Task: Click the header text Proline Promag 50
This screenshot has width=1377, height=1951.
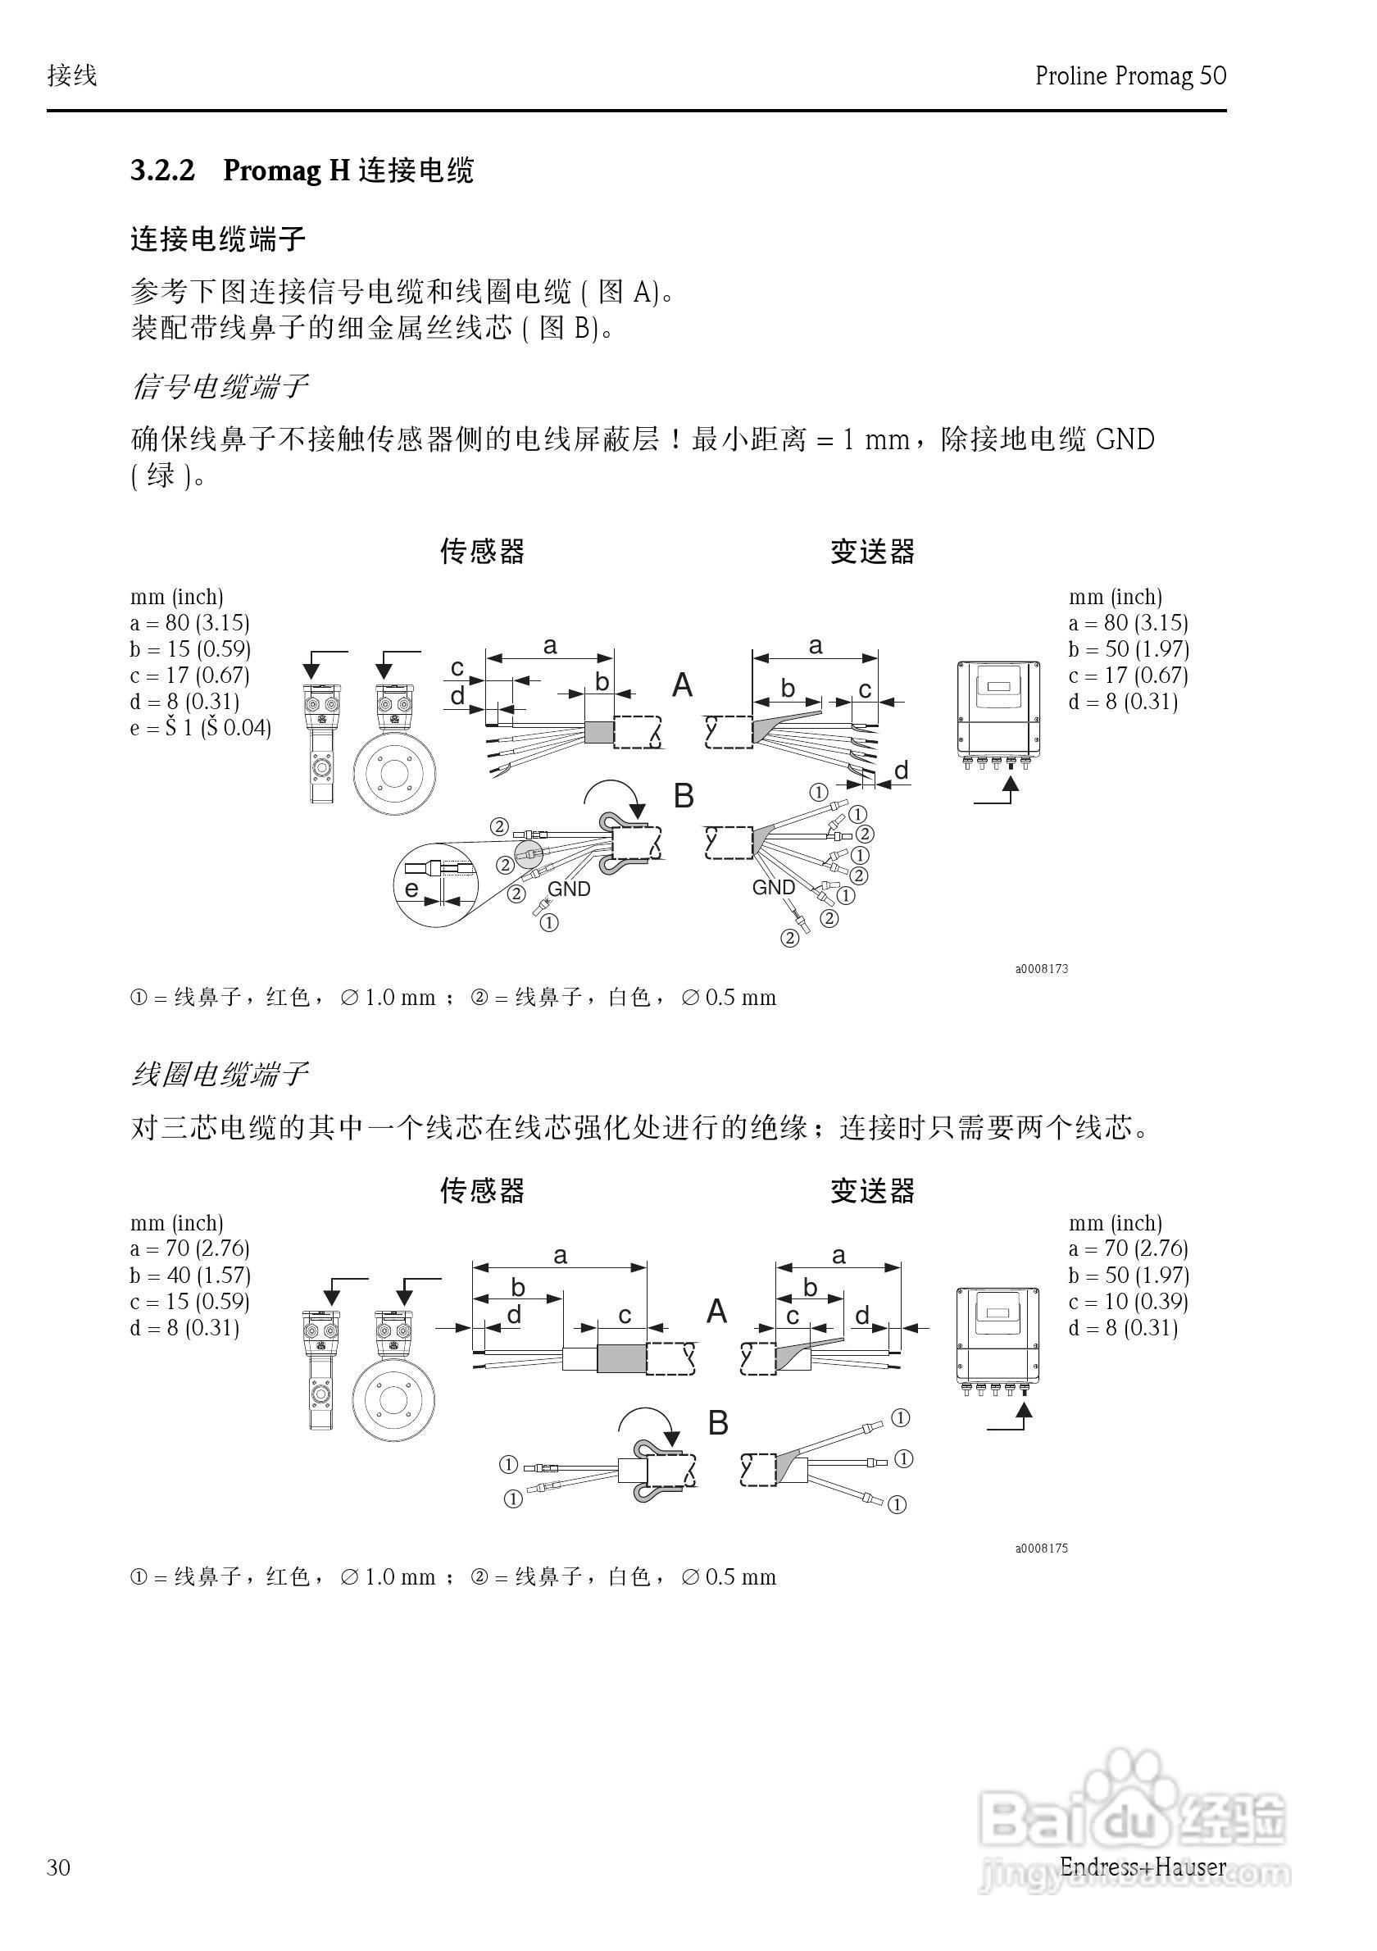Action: (x=1129, y=76)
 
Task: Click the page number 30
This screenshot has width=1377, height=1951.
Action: (x=59, y=1867)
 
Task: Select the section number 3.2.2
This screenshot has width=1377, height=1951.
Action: (x=162, y=171)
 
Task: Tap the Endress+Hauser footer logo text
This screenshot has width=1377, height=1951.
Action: (x=1143, y=1866)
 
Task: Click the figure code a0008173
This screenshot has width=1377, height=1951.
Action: (x=1042, y=969)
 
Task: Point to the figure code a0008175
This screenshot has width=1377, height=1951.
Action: (x=1042, y=1549)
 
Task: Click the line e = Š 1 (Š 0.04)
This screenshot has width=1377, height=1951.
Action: (x=201, y=728)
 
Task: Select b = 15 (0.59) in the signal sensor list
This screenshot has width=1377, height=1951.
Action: (x=190, y=649)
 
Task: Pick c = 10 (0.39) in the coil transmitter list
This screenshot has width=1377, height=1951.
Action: (x=1128, y=1302)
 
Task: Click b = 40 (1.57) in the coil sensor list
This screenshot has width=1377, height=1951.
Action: (x=190, y=1276)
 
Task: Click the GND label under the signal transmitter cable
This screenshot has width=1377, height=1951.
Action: (x=773, y=888)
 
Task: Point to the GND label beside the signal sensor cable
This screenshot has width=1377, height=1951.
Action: (x=568, y=889)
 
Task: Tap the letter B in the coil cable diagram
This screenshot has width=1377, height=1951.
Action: (x=718, y=1423)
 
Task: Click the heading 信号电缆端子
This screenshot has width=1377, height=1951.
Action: (x=218, y=388)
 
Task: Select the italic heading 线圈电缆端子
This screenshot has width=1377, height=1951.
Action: (x=218, y=1075)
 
